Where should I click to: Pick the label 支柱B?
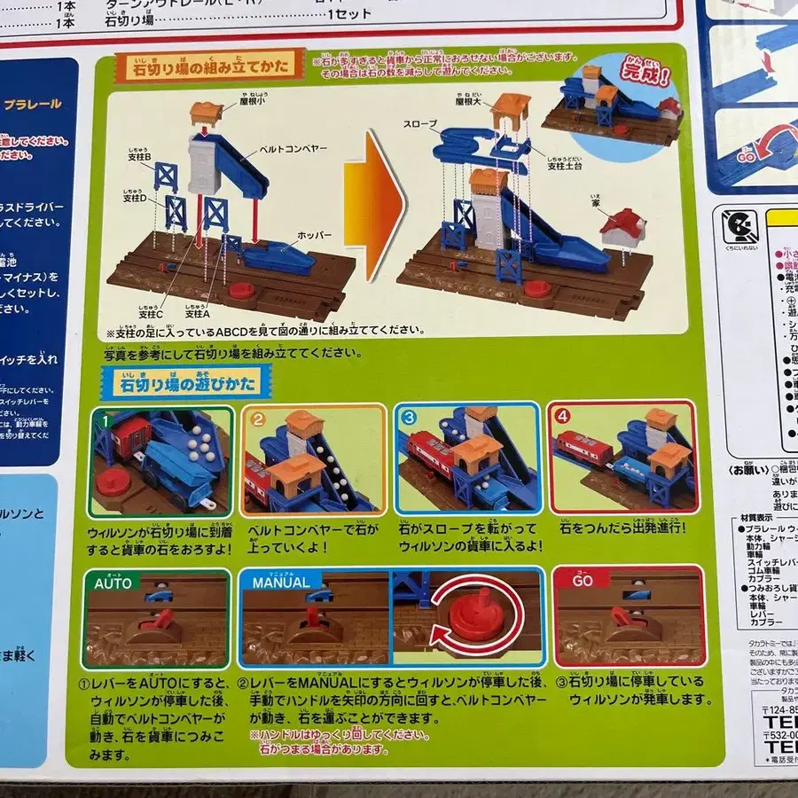pyautogui.click(x=139, y=158)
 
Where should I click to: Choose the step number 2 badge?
pyautogui.click(x=258, y=420)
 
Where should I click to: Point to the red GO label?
pyautogui.click(x=582, y=583)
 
